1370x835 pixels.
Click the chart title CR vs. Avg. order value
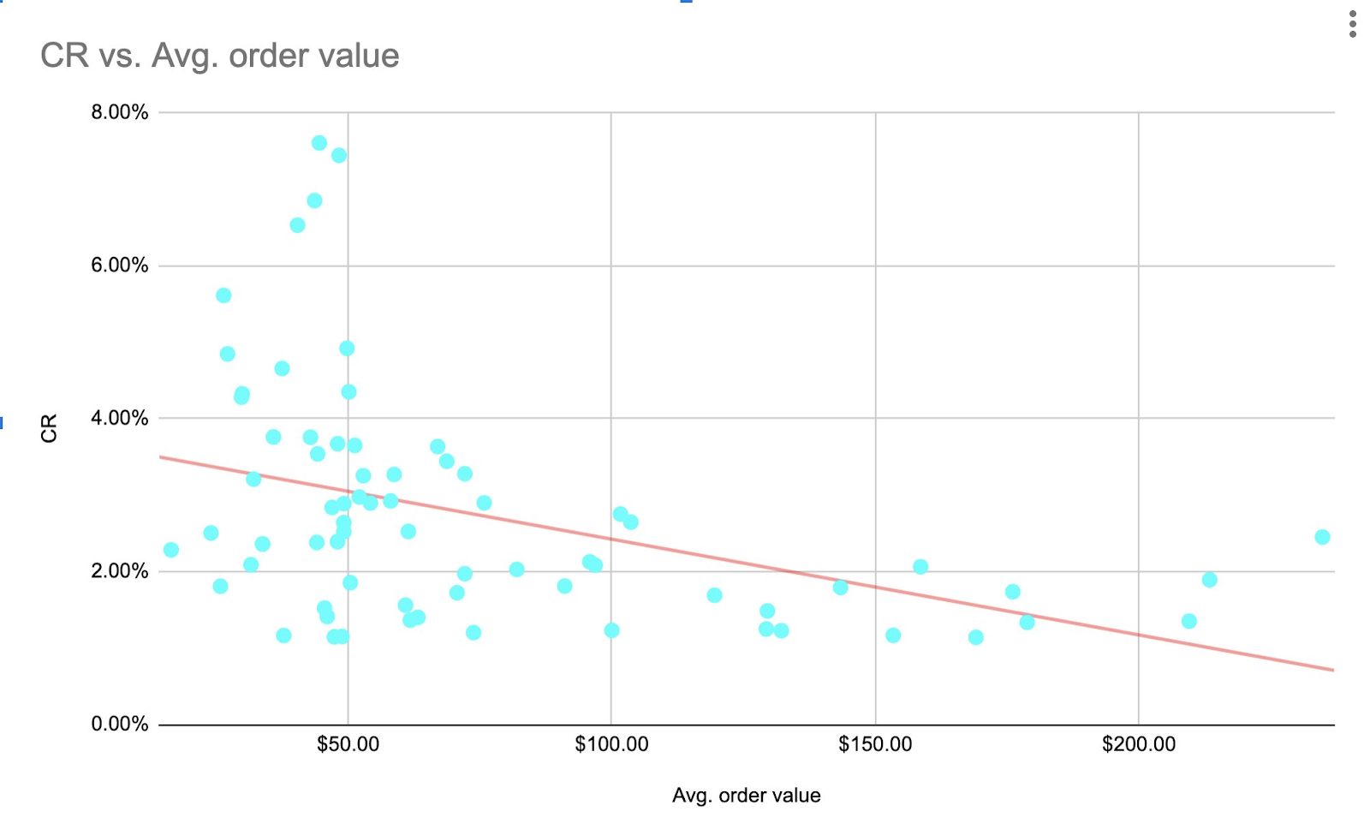(219, 57)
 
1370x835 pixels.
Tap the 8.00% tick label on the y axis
(120, 113)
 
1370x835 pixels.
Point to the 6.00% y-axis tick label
(120, 265)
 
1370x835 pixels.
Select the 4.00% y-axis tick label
(120, 419)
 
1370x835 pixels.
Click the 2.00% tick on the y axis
(120, 571)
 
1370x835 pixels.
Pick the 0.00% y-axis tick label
(120, 725)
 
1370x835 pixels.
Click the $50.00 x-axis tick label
(348, 745)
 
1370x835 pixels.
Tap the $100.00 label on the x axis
(611, 745)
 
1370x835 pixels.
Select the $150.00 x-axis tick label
(875, 745)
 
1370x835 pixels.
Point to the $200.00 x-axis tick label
(1139, 745)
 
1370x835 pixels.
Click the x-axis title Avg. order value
(746, 796)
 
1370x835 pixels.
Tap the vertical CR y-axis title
(50, 428)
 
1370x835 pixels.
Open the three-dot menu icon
(1353, 24)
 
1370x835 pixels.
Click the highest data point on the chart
(319, 143)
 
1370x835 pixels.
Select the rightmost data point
(1322, 537)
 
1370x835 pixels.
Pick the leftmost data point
(171, 550)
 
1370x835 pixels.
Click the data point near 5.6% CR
(223, 295)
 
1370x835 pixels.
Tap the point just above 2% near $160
(920, 567)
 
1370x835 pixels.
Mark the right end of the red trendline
(1333, 670)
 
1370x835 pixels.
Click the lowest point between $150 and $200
(975, 637)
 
